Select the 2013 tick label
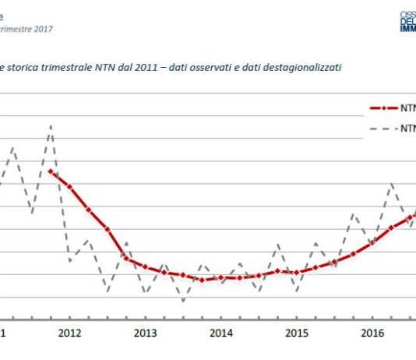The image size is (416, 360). pyautogui.click(x=146, y=334)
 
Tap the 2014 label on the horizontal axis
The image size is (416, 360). pyautogui.click(x=221, y=334)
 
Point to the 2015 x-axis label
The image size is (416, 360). pyautogui.click(x=297, y=334)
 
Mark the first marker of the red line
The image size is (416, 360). pyautogui.click(x=51, y=171)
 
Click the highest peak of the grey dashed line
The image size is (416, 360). pyautogui.click(x=51, y=125)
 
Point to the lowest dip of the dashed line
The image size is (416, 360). pyautogui.click(x=184, y=301)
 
